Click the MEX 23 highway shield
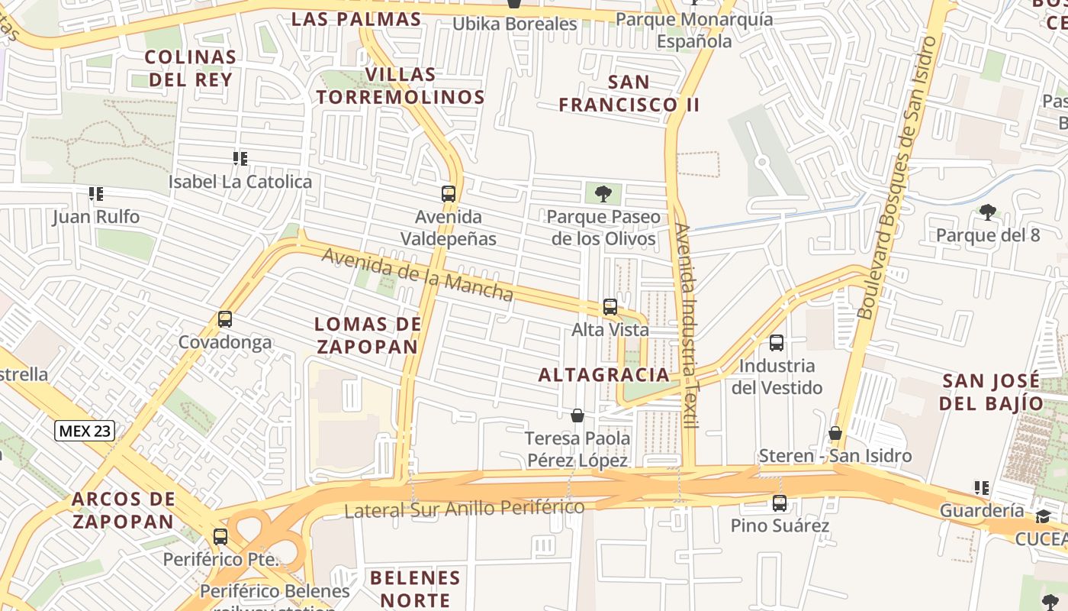tap(85, 431)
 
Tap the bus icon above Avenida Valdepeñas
tap(449, 194)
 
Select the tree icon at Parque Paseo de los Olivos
tap(603, 193)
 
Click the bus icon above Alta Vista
tap(610, 307)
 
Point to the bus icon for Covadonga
tap(225, 319)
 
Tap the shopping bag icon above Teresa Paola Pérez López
tap(577, 415)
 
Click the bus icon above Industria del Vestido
tap(777, 343)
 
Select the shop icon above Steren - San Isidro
tap(835, 433)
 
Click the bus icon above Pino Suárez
tap(780, 503)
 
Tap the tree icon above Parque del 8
tap(988, 212)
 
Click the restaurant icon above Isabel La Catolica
tap(240, 159)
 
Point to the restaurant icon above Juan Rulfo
tap(95, 194)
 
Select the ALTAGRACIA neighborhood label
tap(603, 375)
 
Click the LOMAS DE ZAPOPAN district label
tap(368, 335)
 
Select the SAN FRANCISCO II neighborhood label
tap(629, 93)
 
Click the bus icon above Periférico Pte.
tap(220, 536)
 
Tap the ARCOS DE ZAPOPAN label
tap(123, 510)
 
